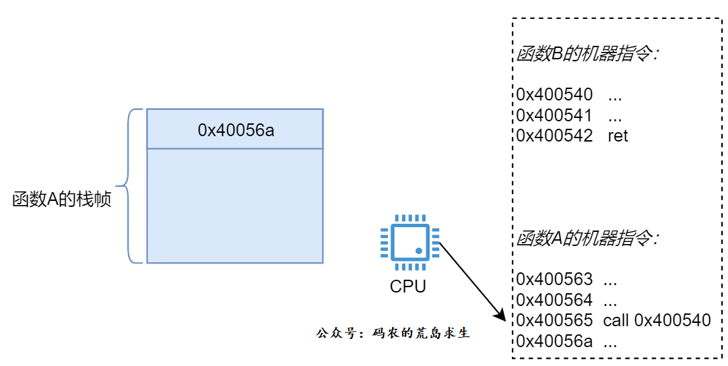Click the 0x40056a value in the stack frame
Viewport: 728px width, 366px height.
(x=236, y=130)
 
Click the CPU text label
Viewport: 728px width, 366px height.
(x=407, y=286)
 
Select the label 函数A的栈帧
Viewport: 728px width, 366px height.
(x=62, y=200)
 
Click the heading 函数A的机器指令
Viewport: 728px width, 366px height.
(x=588, y=239)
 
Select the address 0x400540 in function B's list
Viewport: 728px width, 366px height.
(x=554, y=95)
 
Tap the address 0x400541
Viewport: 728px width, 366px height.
(x=554, y=115)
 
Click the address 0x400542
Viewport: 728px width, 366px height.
(x=554, y=135)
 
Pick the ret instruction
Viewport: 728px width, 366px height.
(x=618, y=136)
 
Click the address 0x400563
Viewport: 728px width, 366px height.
(x=554, y=279)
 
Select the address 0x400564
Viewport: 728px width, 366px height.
(x=554, y=300)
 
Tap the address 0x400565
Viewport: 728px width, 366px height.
(x=554, y=320)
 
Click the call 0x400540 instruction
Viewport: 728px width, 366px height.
(x=657, y=320)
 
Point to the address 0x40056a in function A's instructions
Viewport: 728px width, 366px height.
(x=554, y=341)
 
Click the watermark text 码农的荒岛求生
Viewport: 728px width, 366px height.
(x=421, y=333)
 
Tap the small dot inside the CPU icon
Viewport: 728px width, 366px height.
(x=418, y=251)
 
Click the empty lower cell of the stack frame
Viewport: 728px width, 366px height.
(x=235, y=206)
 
